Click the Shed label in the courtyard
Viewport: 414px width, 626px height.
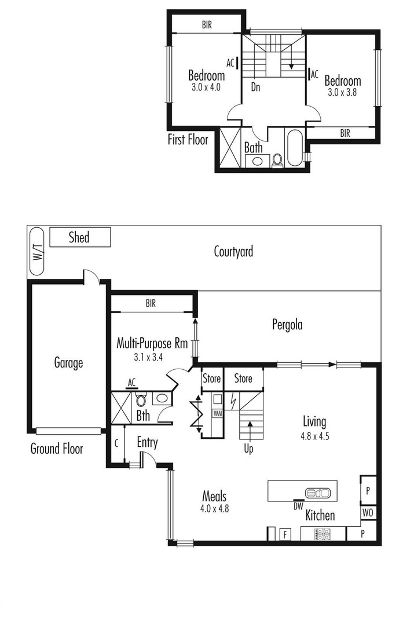[79, 237]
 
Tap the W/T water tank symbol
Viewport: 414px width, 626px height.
[36, 252]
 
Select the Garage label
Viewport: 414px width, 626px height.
[68, 362]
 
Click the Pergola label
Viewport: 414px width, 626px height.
[287, 325]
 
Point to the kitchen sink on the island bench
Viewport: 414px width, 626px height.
[318, 493]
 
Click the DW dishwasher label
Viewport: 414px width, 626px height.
[298, 506]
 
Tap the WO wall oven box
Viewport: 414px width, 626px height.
[368, 512]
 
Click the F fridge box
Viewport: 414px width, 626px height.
[285, 534]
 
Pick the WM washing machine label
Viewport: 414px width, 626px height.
[218, 413]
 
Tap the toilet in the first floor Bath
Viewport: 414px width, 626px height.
[277, 160]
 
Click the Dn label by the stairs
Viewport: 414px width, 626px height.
[256, 86]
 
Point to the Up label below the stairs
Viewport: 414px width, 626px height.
[248, 449]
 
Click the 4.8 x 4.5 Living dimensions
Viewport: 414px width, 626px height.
[314, 436]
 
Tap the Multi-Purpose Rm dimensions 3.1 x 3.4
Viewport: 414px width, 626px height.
[148, 357]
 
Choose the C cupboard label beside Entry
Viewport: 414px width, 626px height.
[116, 443]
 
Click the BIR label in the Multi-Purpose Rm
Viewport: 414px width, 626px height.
[151, 303]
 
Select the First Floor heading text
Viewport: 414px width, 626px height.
[188, 139]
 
